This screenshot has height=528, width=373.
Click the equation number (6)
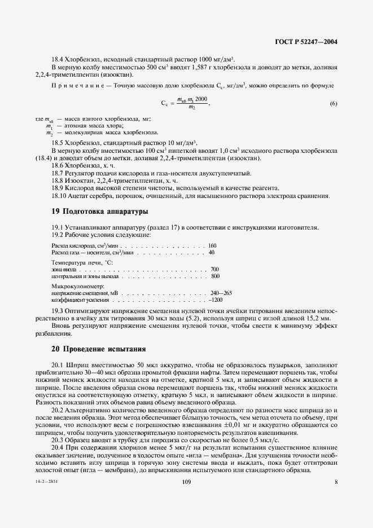333,103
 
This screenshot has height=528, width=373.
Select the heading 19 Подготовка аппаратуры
100,212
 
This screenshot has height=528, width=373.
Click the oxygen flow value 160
212,246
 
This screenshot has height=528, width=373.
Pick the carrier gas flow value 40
212,253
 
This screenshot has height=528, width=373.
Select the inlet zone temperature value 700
214,270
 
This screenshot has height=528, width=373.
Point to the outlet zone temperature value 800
215,276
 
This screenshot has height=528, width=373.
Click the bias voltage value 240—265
221,293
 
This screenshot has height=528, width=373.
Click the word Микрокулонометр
74,287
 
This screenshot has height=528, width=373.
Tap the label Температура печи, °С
82,263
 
